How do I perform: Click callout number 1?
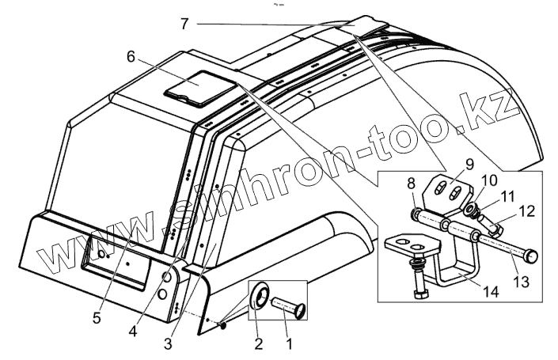pos(289,345)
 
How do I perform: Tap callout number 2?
pos(258,345)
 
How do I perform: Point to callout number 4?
pos(133,332)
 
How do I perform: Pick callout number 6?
pos(131,58)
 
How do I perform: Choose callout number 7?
pos(184,24)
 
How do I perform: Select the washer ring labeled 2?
pos(260,298)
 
